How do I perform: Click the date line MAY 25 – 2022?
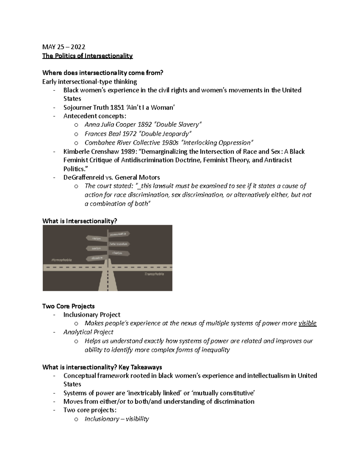[64, 47]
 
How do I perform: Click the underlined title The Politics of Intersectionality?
[87, 56]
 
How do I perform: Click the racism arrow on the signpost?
[97, 238]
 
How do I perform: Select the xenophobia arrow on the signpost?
[119, 233]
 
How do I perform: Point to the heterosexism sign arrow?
[119, 244]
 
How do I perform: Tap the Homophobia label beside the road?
[61, 260]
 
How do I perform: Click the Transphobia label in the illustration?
[154, 274]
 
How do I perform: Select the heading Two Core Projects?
[68, 306]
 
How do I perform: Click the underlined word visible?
[307, 323]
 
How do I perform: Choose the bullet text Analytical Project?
[88, 332]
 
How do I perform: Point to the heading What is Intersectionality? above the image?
[79, 221]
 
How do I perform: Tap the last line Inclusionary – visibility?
[117, 419]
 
